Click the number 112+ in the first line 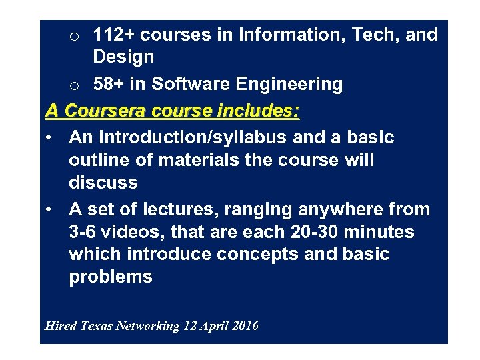click(x=114, y=35)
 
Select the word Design click(x=123, y=57)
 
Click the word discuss click(x=103, y=183)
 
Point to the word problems click(x=111, y=277)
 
